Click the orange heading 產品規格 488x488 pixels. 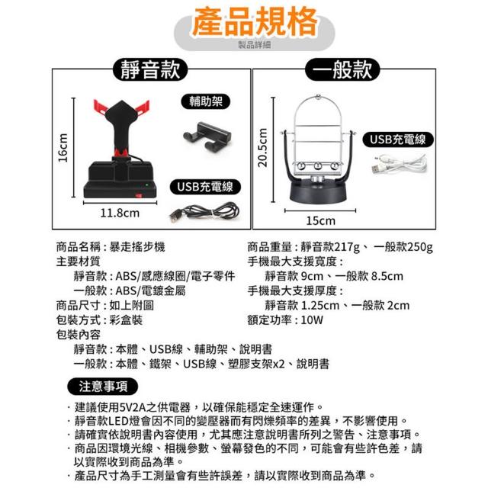pos(255,22)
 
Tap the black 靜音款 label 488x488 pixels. pos(150,69)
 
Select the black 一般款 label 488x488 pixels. pos(342,69)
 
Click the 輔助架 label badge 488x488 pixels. pos(206,101)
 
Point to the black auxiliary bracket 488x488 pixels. pos(207,136)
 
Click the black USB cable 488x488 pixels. pos(204,212)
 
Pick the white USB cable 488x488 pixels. pos(400,165)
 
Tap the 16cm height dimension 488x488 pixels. pos(63,147)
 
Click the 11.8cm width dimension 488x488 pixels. pos(120,213)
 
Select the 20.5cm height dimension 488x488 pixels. pos(263,147)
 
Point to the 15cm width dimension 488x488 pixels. pos(321,220)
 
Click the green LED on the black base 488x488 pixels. pos(146,185)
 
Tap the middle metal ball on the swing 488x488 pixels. pos(318,166)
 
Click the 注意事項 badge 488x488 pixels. pos(103,387)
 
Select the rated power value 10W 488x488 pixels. pos(312,320)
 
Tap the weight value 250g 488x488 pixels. pos(420,247)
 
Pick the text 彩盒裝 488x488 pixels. pos(126,320)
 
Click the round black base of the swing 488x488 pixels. pos(318,193)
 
